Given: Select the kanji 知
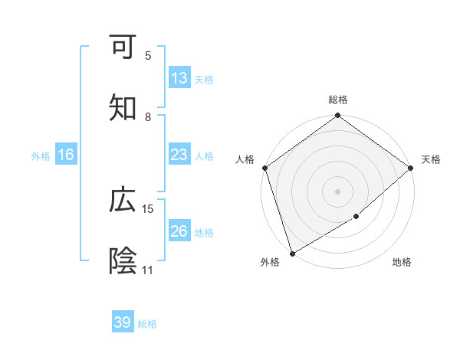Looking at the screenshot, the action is (x=123, y=108).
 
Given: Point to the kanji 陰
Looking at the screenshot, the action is (x=123, y=261).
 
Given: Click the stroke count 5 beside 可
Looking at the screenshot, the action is (x=148, y=56).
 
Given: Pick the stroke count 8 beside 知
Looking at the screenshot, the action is (x=148, y=117).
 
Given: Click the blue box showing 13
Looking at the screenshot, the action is (x=179, y=78).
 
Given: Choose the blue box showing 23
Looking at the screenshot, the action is (x=179, y=155).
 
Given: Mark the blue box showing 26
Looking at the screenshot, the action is (x=179, y=231).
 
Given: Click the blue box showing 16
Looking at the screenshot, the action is (x=66, y=155).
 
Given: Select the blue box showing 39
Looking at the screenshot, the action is (x=123, y=322).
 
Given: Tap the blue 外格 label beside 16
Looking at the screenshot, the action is (x=41, y=156).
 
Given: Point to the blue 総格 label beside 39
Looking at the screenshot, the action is (x=147, y=324).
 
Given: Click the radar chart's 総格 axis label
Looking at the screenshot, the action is (x=337, y=100).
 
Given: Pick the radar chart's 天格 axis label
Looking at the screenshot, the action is (x=431, y=159).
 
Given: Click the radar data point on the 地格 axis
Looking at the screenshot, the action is (x=356, y=217).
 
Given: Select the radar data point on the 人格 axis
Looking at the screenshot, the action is (x=264, y=168).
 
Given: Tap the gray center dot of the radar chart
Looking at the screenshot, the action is (x=337, y=191).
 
